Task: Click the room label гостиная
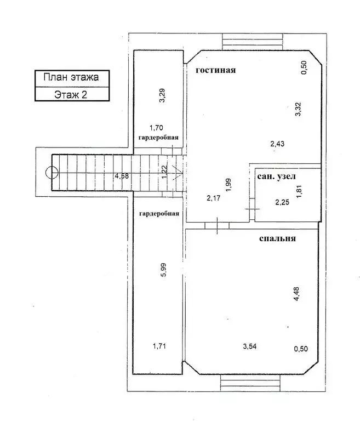tap(216, 70)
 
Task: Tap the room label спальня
tap(277, 238)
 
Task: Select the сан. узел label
tap(276, 177)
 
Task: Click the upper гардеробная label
tap(158, 138)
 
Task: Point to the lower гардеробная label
tap(159, 214)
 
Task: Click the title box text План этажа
tap(71, 77)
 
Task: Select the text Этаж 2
tap(71, 94)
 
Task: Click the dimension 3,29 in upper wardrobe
tap(162, 95)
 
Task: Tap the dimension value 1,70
tap(156, 128)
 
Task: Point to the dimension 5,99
tap(163, 270)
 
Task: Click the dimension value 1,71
tap(159, 346)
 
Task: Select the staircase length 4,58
tap(122, 176)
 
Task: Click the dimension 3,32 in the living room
tap(298, 109)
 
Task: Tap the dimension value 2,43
tap(277, 144)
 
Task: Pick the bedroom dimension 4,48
tap(296, 294)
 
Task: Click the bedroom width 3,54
tap(250, 346)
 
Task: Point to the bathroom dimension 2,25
tap(282, 202)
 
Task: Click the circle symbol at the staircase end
tap(52, 172)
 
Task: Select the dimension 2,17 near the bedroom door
tap(213, 198)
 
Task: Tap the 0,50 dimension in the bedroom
tap(301, 349)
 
